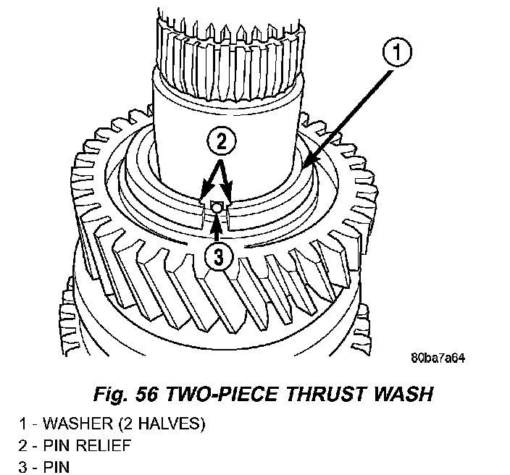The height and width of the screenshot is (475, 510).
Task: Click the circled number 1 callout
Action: tap(398, 52)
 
